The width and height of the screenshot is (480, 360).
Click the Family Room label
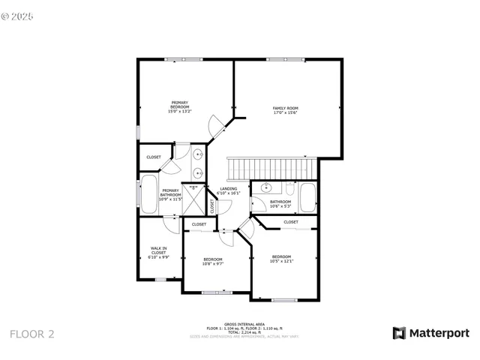[285, 110]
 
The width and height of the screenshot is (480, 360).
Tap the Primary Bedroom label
[180, 106]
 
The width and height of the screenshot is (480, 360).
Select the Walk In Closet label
[159, 251]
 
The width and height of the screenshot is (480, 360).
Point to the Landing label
[229, 190]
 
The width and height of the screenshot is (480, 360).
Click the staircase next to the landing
[272, 166]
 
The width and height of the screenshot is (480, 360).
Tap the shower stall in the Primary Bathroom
[193, 199]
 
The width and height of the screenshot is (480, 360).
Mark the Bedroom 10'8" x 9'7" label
[212, 262]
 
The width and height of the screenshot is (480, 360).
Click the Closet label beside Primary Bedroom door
[153, 157]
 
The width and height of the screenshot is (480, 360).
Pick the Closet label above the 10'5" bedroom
[290, 222]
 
